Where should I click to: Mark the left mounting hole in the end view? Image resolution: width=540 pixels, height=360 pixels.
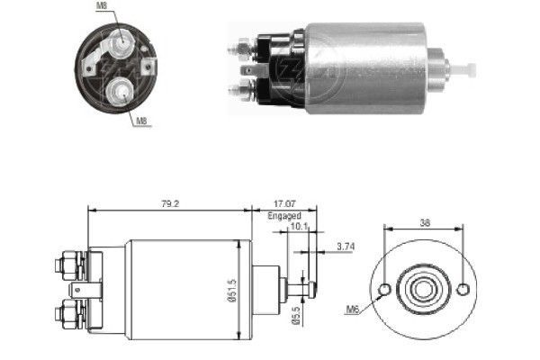click(385, 290)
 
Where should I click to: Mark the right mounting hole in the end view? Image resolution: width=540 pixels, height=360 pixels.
click(463, 290)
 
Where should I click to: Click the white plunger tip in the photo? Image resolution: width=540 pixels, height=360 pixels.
click(465, 67)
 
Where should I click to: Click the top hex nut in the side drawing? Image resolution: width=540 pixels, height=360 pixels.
click(66, 265)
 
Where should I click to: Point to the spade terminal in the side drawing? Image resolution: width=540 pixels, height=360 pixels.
click(81, 290)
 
